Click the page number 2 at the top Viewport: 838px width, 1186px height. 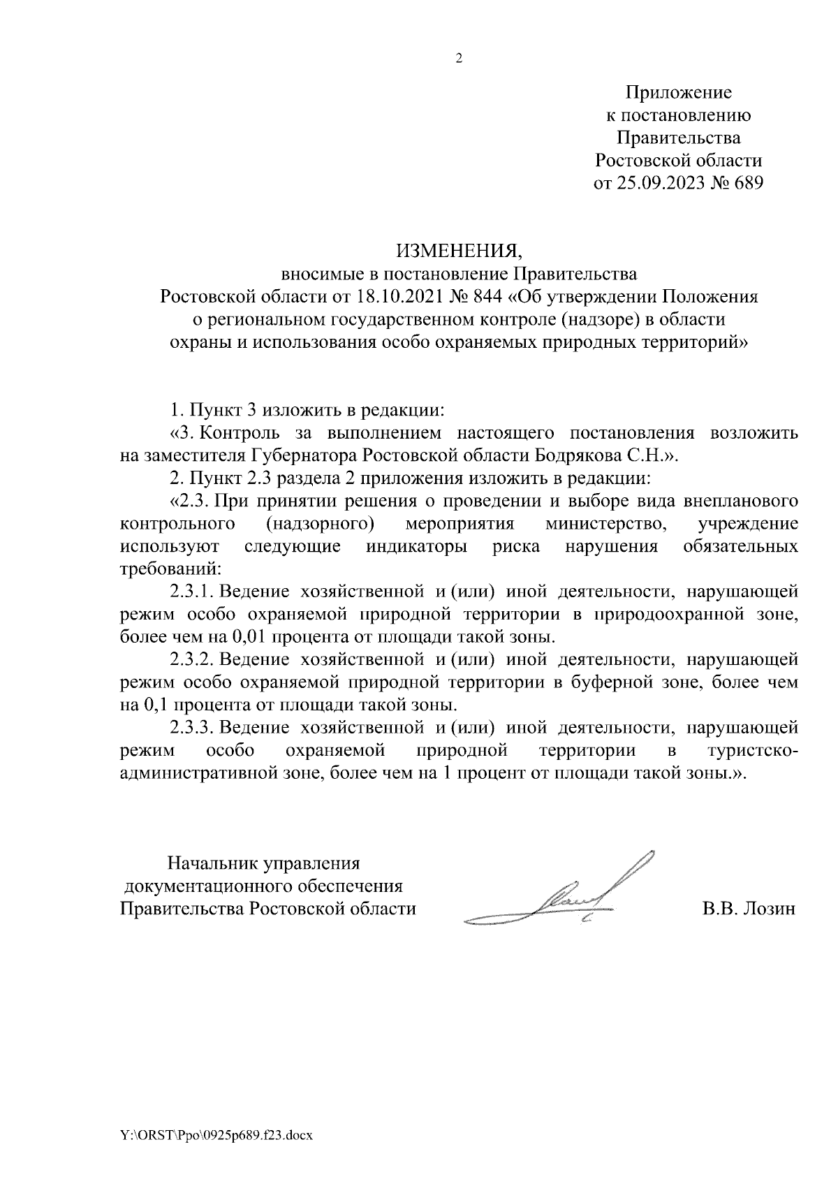point(459,59)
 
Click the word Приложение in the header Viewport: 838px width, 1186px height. point(678,92)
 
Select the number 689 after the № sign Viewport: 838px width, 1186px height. point(747,183)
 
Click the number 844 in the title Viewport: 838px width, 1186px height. point(487,296)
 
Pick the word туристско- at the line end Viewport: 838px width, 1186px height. point(751,751)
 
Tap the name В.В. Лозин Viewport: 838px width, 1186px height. point(749,909)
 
